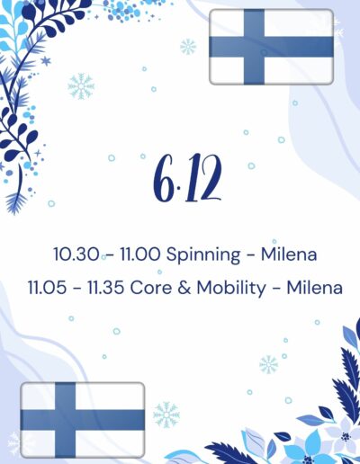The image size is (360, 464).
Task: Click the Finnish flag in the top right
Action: [x=271, y=47]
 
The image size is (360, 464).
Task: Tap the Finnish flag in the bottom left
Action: [x=83, y=420]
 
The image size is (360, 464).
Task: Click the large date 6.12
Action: [x=188, y=178]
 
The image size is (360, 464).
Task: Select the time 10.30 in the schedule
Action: [x=76, y=254]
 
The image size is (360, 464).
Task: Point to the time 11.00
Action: [x=140, y=254]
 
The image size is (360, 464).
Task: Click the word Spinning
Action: [x=203, y=255]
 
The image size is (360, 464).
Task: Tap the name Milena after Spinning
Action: [x=289, y=254]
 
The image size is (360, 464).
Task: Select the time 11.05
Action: [x=47, y=288]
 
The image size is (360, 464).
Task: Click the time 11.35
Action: [x=105, y=288]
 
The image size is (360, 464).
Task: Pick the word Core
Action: [x=151, y=288]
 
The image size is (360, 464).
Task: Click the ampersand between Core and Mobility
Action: [x=184, y=288]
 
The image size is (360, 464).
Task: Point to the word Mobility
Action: [x=231, y=289]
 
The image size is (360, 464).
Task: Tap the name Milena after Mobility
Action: [x=315, y=288]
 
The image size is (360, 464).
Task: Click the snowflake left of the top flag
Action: [x=188, y=47]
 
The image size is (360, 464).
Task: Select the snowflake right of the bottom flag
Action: [x=166, y=415]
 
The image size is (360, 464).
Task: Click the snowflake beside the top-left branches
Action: [x=81, y=86]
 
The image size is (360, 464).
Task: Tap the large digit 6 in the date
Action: [x=163, y=178]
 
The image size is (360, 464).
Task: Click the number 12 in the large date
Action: [x=202, y=178]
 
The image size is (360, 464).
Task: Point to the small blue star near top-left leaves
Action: [x=46, y=61]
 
